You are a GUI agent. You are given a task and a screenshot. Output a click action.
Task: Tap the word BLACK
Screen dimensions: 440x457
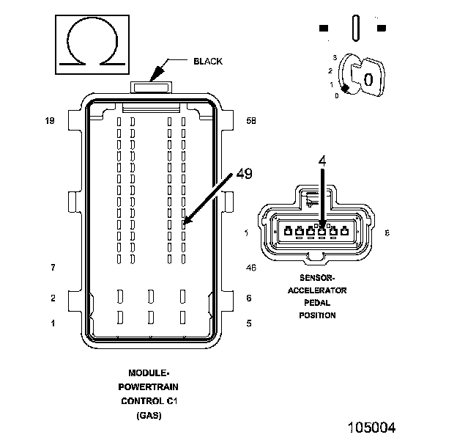[207, 61]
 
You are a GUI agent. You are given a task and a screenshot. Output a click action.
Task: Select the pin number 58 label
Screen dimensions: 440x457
[250, 120]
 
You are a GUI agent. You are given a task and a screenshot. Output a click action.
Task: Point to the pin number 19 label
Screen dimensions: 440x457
[50, 120]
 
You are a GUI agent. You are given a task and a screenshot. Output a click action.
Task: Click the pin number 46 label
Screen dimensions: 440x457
[250, 268]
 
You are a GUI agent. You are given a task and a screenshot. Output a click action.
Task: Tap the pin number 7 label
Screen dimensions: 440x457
[52, 268]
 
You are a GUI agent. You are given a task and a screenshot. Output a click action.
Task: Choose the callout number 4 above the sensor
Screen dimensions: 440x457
[322, 159]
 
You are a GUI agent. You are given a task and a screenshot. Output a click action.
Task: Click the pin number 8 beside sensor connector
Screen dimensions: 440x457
[387, 232]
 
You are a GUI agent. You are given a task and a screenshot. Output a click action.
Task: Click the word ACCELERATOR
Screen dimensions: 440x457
[317, 290]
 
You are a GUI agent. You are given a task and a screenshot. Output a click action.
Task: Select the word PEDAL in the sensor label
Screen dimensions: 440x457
[317, 303]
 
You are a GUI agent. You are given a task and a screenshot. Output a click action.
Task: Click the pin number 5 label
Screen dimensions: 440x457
[249, 323]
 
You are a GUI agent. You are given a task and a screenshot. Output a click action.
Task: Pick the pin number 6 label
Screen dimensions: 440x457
[249, 298]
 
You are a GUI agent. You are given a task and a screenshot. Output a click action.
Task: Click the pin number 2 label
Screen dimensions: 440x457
[52, 298]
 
